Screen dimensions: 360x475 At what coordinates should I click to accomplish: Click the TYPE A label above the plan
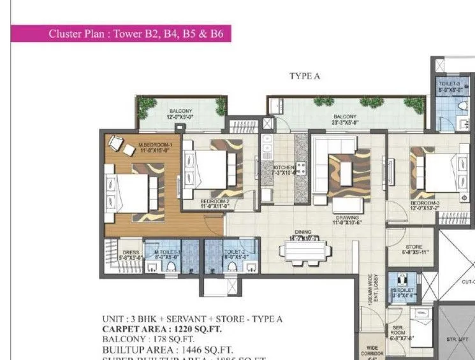coord(304,76)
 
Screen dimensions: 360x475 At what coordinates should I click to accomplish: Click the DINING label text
coord(302,233)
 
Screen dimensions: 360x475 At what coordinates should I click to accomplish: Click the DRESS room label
coord(131,254)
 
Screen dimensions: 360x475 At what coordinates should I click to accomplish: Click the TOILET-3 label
coord(450,87)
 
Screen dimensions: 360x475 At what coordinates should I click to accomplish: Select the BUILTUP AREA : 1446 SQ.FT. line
coord(167,350)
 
